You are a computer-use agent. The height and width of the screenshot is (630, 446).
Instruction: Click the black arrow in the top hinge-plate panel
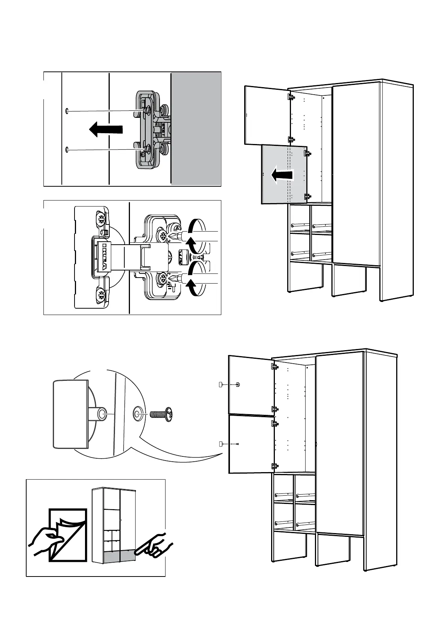point(106,129)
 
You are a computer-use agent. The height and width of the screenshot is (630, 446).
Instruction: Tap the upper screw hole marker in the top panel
point(67,111)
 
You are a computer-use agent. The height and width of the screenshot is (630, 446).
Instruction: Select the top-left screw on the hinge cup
point(100,218)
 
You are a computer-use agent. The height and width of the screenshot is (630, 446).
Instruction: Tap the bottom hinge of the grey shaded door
point(308,196)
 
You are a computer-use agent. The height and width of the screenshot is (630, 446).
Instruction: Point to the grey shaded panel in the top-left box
point(195,128)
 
